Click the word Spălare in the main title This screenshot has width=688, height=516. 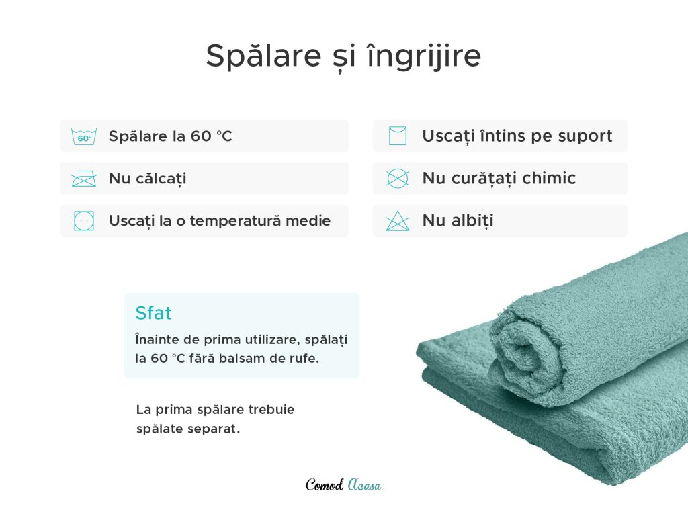pyautogui.click(x=263, y=56)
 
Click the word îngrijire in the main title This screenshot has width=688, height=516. pyautogui.click(x=424, y=56)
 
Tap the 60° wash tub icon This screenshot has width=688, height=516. pyautogui.click(x=84, y=136)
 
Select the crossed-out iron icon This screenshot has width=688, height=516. pyautogui.click(x=84, y=179)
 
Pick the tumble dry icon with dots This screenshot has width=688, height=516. pyautogui.click(x=84, y=220)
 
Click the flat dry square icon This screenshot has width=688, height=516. pyautogui.click(x=398, y=136)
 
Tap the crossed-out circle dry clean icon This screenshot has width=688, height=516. pyautogui.click(x=398, y=178)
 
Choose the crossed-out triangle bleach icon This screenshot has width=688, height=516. pyautogui.click(x=398, y=220)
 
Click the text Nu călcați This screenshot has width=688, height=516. pyautogui.click(x=147, y=179)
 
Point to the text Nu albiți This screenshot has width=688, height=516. pyautogui.click(x=458, y=220)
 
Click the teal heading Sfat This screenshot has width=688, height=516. pyautogui.click(x=153, y=313)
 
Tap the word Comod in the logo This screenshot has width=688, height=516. pyautogui.click(x=325, y=485)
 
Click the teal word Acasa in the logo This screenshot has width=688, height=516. pyautogui.click(x=364, y=485)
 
